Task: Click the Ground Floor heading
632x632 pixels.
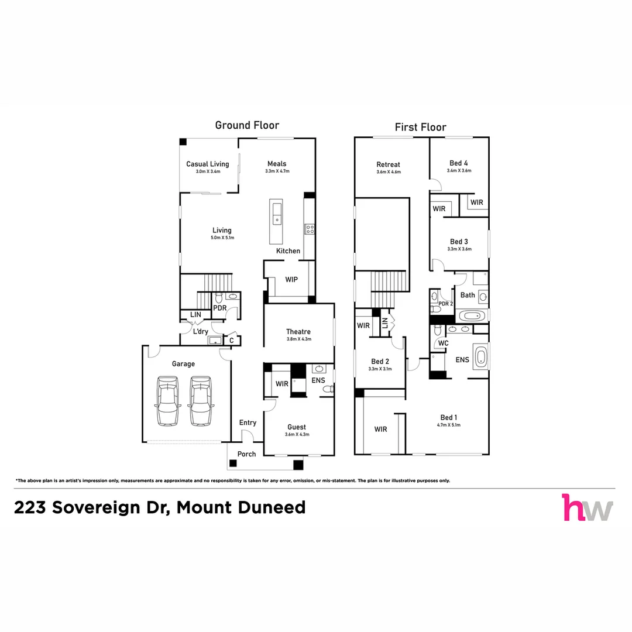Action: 247,125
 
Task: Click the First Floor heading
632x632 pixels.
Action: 420,128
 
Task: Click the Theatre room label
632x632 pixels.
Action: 298,332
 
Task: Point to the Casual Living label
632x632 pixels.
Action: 207,164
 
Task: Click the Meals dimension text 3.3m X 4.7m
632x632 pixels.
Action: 277,171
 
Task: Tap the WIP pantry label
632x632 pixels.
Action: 291,280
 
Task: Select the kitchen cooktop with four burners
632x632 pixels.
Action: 309,229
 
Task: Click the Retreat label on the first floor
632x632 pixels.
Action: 388,164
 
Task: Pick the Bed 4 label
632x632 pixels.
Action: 458,163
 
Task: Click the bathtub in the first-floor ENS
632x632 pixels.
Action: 480,356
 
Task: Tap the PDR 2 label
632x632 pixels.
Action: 445,304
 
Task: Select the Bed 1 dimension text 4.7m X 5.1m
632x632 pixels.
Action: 448,425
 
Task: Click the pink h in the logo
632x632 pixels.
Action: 574,507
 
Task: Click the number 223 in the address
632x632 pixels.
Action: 30,507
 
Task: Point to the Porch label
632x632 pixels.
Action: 246,455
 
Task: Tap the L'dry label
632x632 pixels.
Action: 201,332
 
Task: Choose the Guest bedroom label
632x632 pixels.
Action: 296,427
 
